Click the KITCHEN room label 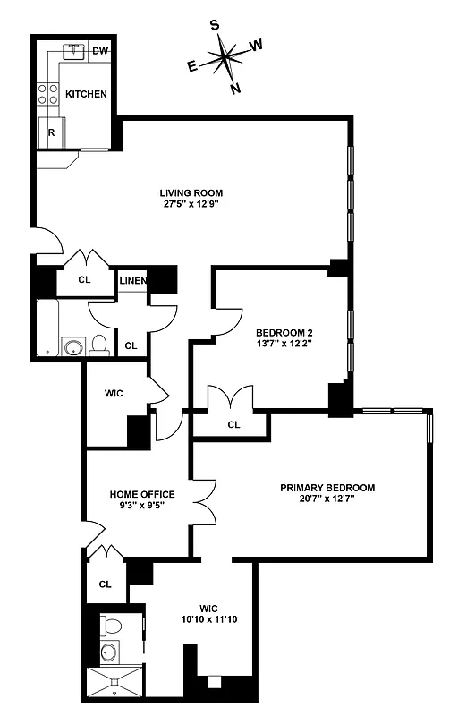point(86,94)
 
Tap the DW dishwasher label point(100,51)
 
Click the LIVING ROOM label point(191,192)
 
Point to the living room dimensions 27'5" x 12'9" point(191,204)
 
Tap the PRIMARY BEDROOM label point(327,488)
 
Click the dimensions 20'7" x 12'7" point(327,499)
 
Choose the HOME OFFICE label point(142,494)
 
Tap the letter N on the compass point(235,88)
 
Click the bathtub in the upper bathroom point(48,328)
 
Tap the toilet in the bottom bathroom point(111,624)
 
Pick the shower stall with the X point(114,680)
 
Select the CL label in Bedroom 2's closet point(233,424)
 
